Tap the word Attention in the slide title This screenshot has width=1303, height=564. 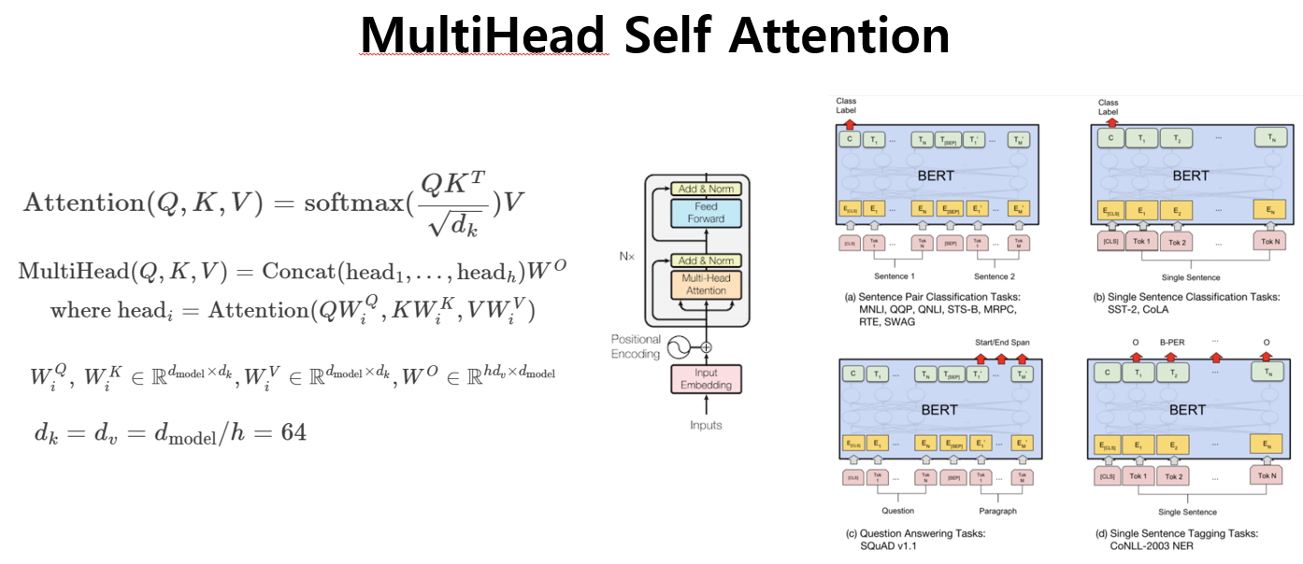point(838,35)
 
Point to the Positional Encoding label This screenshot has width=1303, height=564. point(636,346)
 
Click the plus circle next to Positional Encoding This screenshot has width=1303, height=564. point(706,347)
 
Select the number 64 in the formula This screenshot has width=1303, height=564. point(293,432)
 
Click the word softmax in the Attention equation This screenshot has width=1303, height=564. point(351,202)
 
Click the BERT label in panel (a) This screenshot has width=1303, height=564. point(936,175)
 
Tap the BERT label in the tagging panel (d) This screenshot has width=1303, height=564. point(1187,409)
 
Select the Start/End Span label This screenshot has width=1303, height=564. point(1002,343)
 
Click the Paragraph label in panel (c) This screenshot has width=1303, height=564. point(997,511)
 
